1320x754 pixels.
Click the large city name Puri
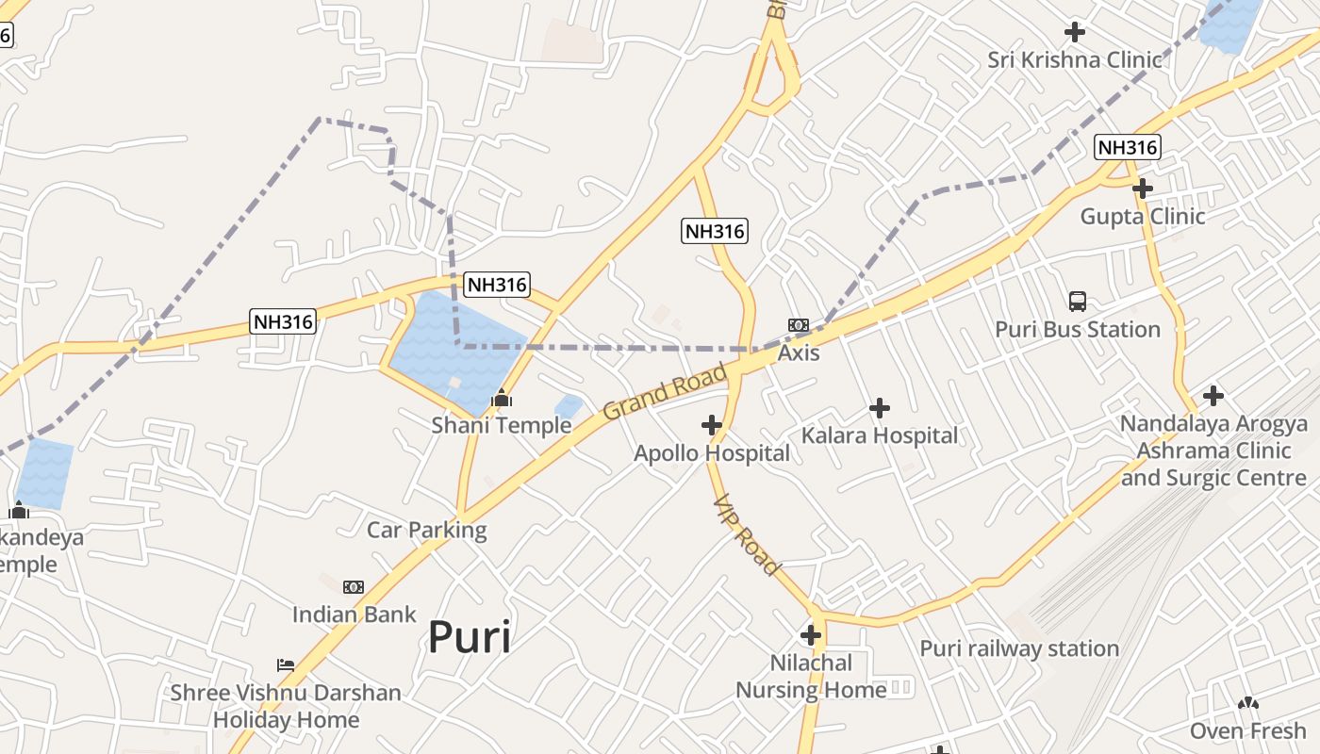(x=470, y=637)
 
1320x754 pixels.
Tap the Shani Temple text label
(x=502, y=425)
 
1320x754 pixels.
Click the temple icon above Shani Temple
(x=502, y=398)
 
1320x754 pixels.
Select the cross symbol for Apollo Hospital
(x=712, y=426)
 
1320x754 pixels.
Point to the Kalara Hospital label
(x=879, y=435)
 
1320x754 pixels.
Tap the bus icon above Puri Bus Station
(x=1078, y=302)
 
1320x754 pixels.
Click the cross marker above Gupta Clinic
(x=1143, y=188)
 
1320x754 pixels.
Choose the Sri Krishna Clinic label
(x=1075, y=60)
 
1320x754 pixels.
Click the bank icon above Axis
(x=799, y=325)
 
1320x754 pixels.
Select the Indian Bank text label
(x=354, y=615)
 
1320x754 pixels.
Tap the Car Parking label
(x=426, y=530)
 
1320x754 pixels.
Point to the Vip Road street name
(x=747, y=535)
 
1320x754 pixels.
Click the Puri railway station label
(x=1019, y=648)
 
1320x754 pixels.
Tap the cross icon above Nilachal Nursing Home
(x=811, y=635)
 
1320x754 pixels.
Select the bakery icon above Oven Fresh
(x=1248, y=703)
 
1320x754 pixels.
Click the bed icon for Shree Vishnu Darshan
(x=286, y=665)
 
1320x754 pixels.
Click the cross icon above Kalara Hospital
(x=880, y=408)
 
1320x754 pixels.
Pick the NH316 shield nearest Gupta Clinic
(x=1127, y=147)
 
